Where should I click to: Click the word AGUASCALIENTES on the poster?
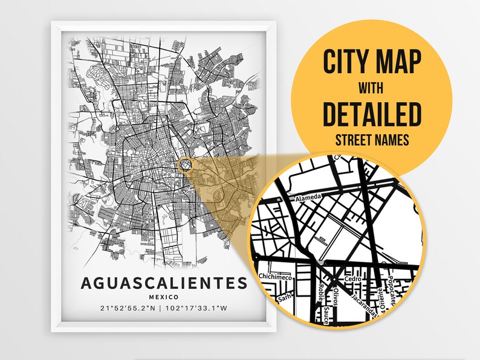[x=163, y=283]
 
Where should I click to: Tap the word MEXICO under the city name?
[x=163, y=297]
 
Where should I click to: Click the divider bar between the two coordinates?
[x=160, y=309]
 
